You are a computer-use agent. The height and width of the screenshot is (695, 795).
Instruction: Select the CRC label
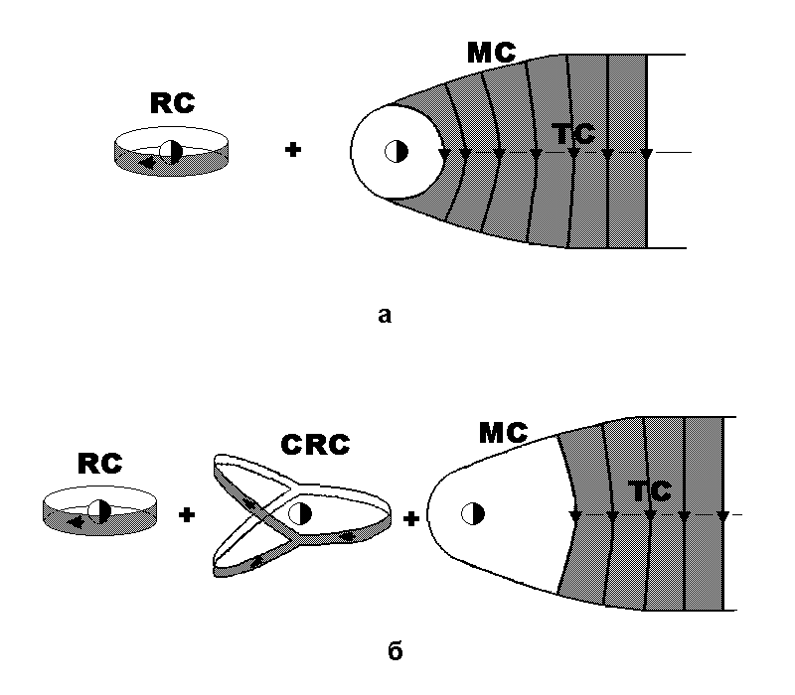[x=315, y=445]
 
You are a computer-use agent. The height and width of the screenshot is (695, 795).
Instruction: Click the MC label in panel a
[x=491, y=53]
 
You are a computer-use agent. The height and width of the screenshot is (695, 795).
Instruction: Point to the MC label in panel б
[x=503, y=432]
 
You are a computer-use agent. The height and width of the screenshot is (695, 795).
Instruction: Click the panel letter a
[x=386, y=316]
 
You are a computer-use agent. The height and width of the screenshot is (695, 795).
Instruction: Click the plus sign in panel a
[x=292, y=151]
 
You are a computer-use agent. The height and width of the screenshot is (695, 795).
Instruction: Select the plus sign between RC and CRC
[x=186, y=514]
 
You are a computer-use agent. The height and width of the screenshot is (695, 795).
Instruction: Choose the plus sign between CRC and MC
[x=411, y=516]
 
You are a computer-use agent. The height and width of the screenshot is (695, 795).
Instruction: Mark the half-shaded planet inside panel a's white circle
[x=397, y=151]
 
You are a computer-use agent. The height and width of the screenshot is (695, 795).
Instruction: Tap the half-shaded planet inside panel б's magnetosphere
[x=473, y=513]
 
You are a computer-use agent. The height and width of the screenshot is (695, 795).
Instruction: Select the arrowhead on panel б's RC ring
[x=76, y=518]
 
